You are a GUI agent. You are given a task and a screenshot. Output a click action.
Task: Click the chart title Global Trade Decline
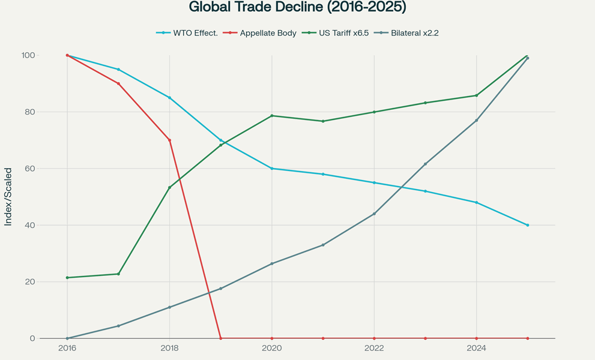297,8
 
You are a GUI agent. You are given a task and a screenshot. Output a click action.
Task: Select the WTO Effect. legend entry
187,33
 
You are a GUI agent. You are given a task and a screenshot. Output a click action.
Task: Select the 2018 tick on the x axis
169,349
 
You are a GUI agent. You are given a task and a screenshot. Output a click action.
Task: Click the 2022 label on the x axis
374,349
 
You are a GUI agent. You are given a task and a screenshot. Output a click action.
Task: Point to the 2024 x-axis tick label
476,349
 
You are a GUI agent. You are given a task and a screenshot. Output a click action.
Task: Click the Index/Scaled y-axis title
8,197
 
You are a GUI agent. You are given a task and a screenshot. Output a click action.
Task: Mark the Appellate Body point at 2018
169,140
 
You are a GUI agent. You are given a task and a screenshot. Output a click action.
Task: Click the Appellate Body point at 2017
118,83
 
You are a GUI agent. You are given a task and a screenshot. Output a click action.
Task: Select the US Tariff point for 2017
118,274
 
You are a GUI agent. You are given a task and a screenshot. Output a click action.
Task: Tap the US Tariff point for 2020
272,116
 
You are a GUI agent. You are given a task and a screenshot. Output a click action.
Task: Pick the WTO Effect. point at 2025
527,225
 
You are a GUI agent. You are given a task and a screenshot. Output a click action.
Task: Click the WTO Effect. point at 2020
272,169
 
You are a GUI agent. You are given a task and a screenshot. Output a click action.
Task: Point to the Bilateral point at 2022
374,214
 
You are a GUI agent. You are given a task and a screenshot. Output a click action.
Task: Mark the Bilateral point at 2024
476,121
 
